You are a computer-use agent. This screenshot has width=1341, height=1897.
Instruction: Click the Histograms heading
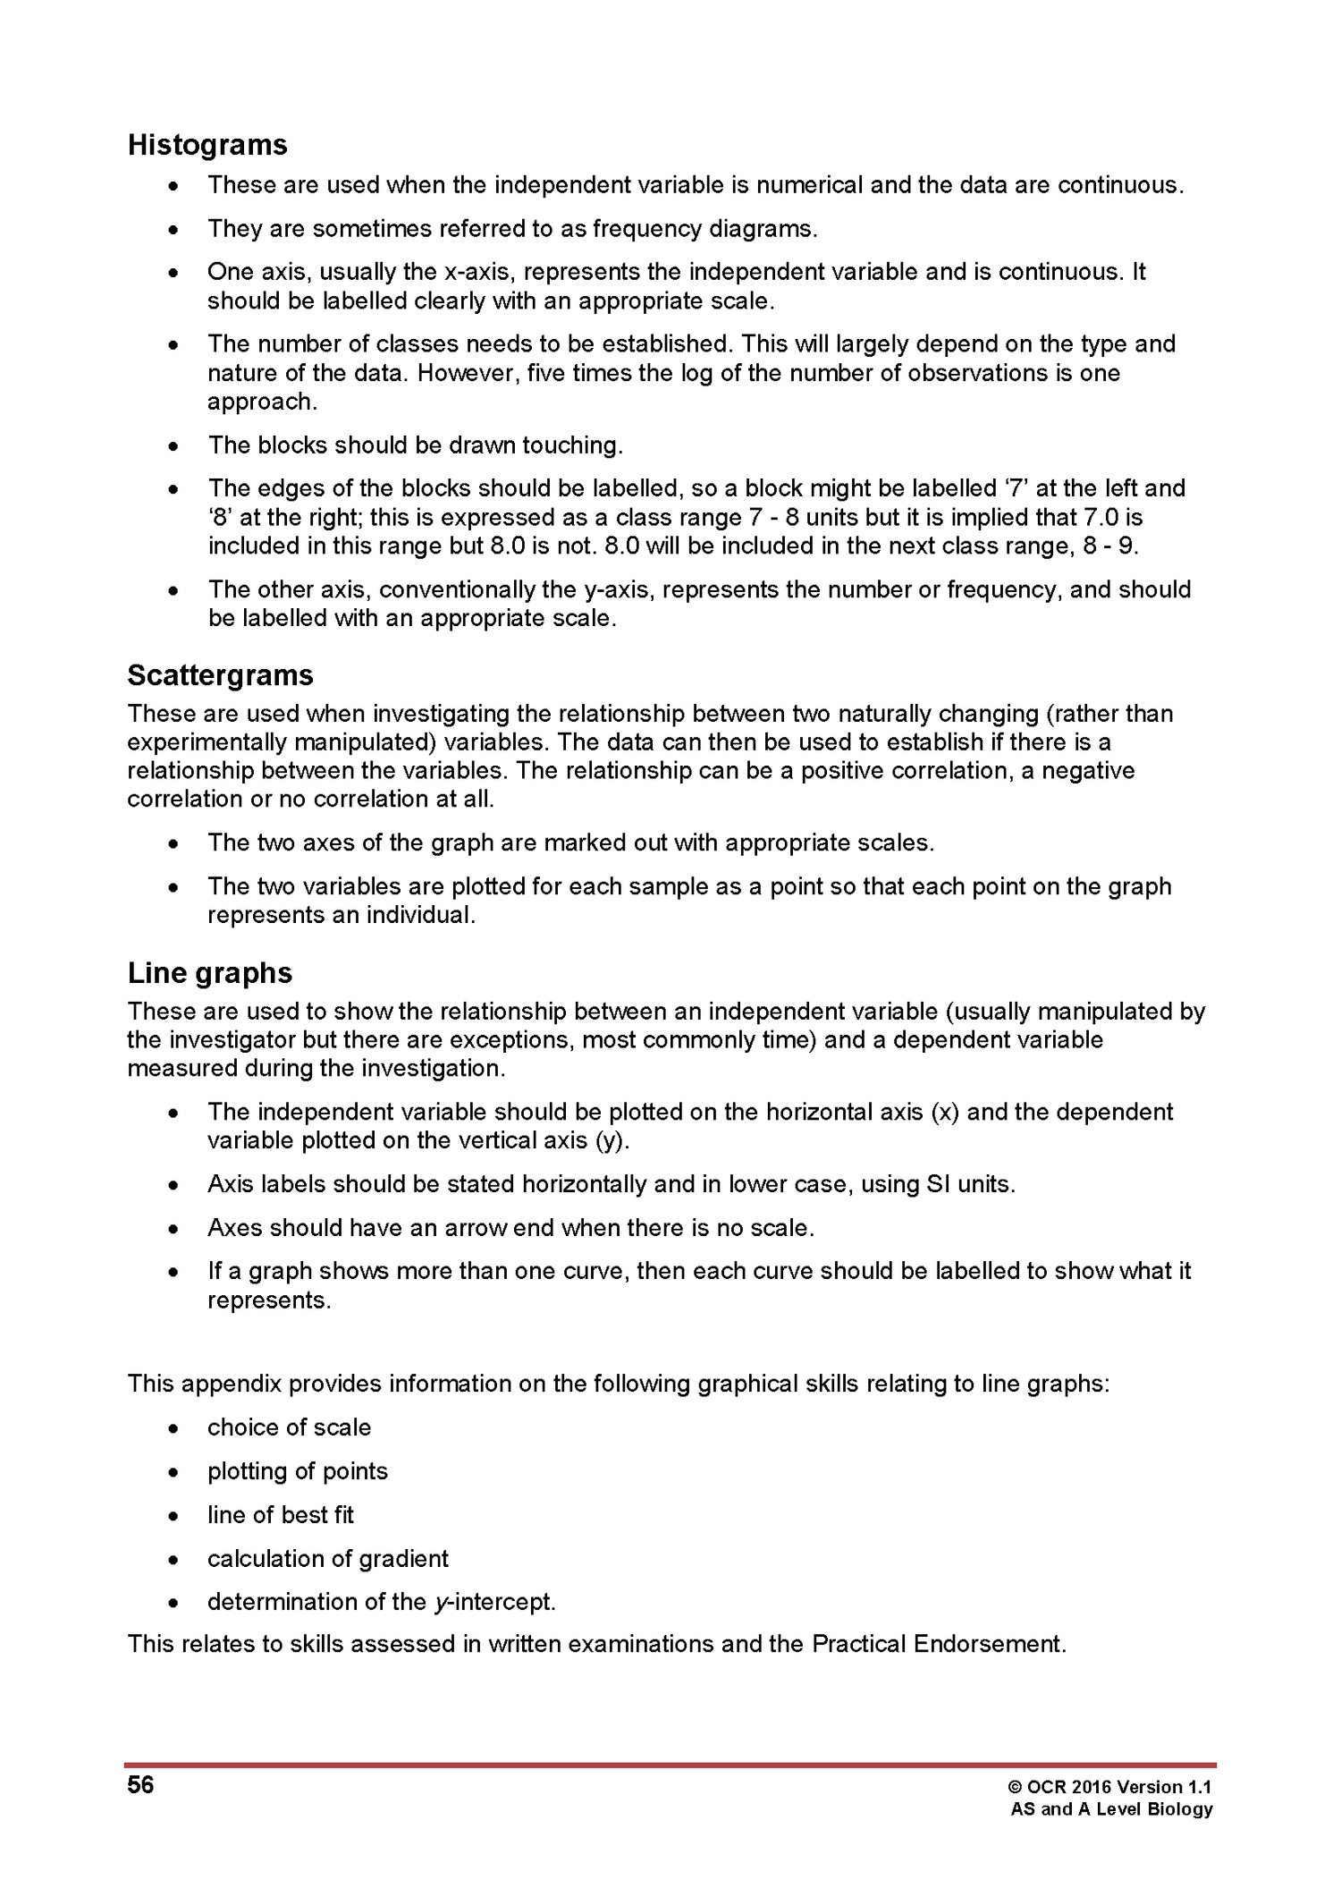coord(207,145)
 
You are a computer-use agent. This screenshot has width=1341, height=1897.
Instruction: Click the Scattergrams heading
coord(220,675)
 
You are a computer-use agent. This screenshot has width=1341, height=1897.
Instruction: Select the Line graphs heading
coord(209,973)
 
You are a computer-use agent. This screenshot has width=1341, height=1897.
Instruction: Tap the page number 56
coord(140,1786)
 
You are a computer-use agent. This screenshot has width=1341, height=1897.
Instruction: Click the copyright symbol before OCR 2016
coord(1015,1788)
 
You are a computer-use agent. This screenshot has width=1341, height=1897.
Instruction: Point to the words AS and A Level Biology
coord(1111,1809)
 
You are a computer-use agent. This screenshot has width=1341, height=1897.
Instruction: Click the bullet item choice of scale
coord(289,1427)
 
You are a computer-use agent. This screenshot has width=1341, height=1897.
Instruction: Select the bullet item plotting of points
coord(298,1471)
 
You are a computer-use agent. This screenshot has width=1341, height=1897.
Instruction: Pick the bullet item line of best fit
coord(281,1515)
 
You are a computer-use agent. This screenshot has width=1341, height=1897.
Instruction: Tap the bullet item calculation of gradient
coord(327,1559)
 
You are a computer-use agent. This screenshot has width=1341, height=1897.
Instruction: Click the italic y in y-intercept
coord(440,1603)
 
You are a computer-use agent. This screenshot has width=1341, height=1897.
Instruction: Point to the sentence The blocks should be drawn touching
coord(415,445)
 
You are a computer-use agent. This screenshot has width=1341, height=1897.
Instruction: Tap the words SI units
coord(969,1185)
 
